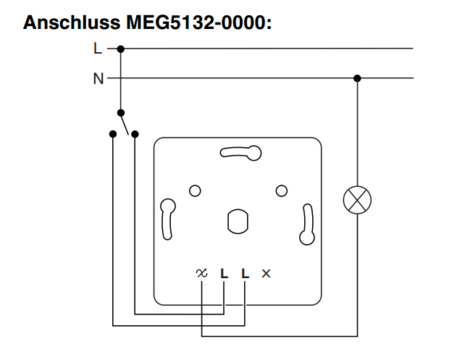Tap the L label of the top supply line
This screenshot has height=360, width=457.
(x=98, y=49)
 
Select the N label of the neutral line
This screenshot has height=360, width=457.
(x=98, y=78)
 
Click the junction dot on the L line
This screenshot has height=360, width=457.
(x=121, y=49)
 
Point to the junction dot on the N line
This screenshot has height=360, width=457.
(x=356, y=78)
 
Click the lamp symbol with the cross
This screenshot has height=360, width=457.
(x=356, y=198)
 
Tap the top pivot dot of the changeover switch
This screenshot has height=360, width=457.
(x=121, y=112)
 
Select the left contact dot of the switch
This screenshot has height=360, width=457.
(x=112, y=134)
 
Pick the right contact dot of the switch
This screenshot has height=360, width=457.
(x=135, y=134)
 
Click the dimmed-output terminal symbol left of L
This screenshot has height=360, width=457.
(x=201, y=273)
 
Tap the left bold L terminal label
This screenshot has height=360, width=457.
(x=224, y=273)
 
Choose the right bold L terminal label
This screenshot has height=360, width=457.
(x=246, y=273)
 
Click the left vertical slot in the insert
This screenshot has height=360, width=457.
(x=168, y=218)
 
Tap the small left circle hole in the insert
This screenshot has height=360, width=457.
(x=194, y=191)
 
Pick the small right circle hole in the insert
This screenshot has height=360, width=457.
(x=282, y=191)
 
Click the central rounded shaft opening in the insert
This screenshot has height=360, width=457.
(x=237, y=222)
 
